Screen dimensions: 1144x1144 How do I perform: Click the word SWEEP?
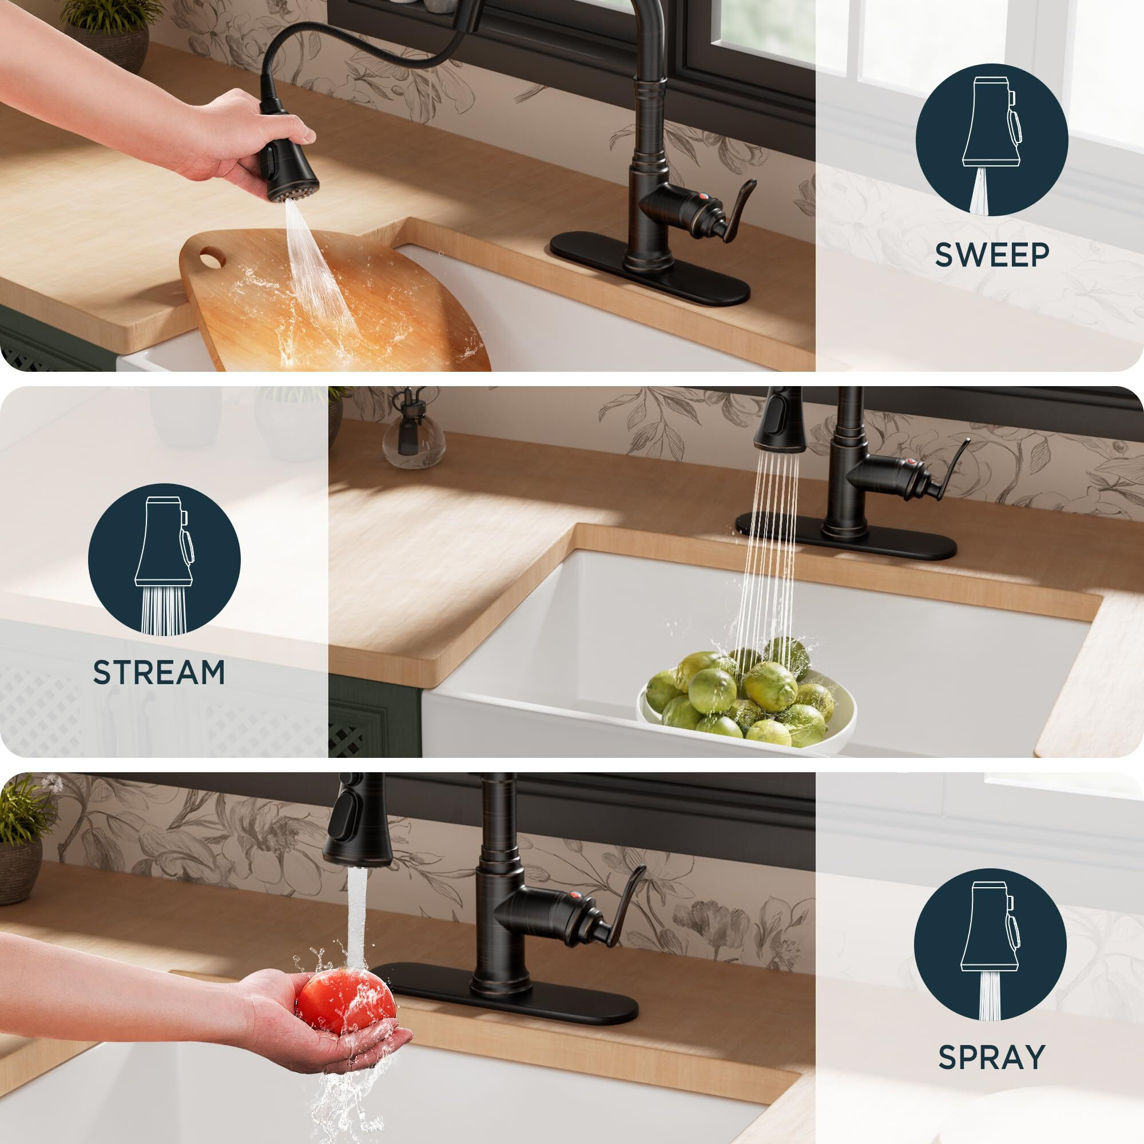[992, 255]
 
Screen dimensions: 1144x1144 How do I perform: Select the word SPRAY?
[991, 1056]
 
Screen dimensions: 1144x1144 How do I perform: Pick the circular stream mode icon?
[164, 559]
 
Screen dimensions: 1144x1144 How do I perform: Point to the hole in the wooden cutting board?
[208, 259]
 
